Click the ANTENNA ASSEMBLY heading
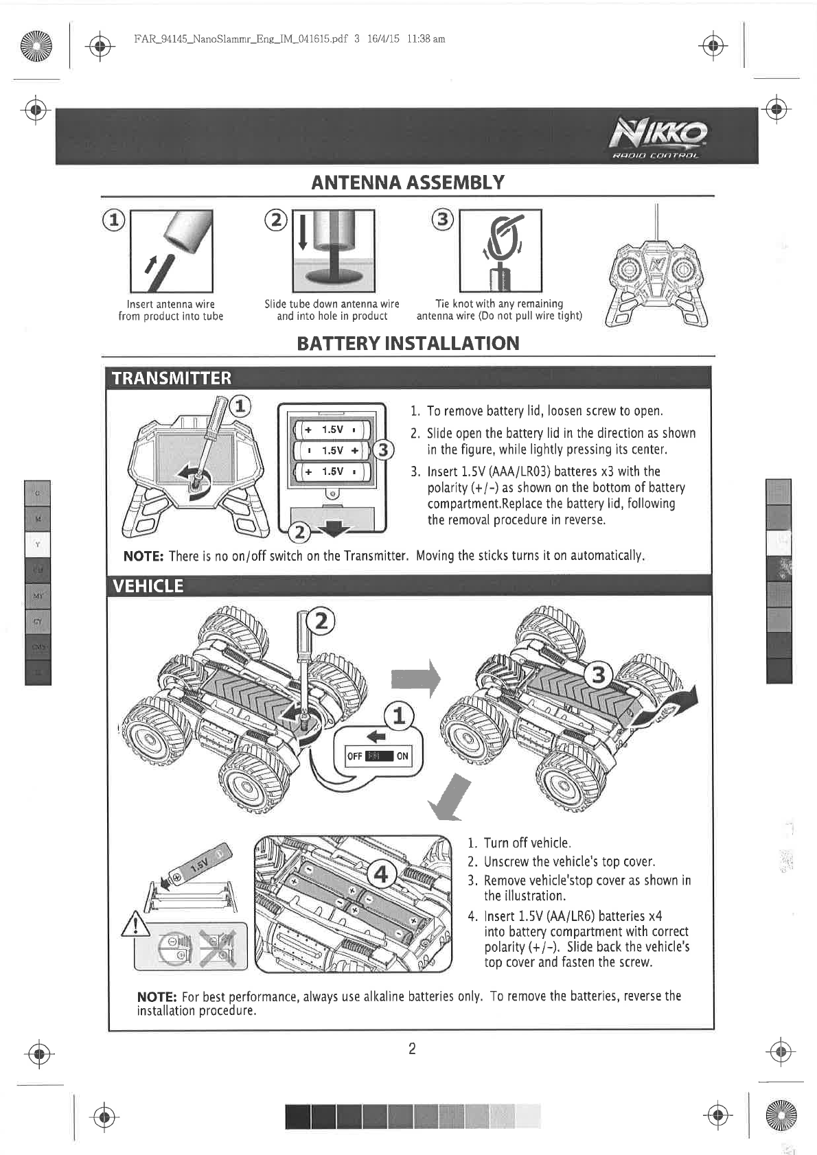pyautogui.click(x=408, y=183)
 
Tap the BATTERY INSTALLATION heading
pyautogui.click(x=408, y=343)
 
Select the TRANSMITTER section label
pyautogui.click(x=172, y=378)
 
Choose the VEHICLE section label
pyautogui.click(x=148, y=585)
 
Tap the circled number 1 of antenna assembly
pyautogui.click(x=114, y=220)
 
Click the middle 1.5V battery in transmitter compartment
pyautogui.click(x=332, y=450)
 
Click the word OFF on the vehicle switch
pyautogui.click(x=354, y=756)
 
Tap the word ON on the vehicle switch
pyautogui.click(x=402, y=756)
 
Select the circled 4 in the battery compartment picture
pyautogui.click(x=381, y=875)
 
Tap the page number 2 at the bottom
pyautogui.click(x=412, y=1049)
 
